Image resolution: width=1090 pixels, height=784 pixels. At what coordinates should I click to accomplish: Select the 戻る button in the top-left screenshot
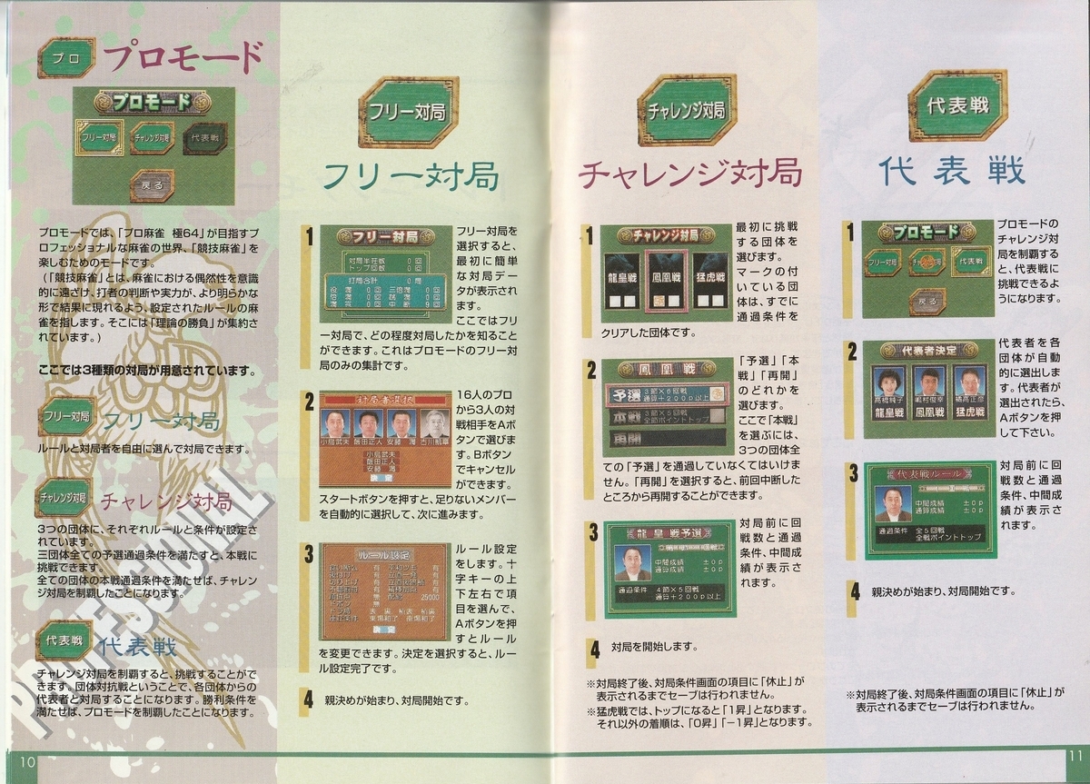tap(152, 185)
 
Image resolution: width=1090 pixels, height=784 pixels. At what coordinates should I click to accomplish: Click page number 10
tap(25, 761)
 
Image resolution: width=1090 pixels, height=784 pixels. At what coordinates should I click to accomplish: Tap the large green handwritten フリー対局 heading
tap(411, 175)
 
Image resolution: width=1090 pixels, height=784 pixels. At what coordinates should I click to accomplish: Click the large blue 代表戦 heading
tap(952, 171)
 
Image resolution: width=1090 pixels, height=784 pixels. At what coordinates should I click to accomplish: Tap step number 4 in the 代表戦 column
tap(854, 590)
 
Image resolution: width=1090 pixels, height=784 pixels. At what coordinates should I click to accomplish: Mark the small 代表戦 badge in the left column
tap(64, 640)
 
